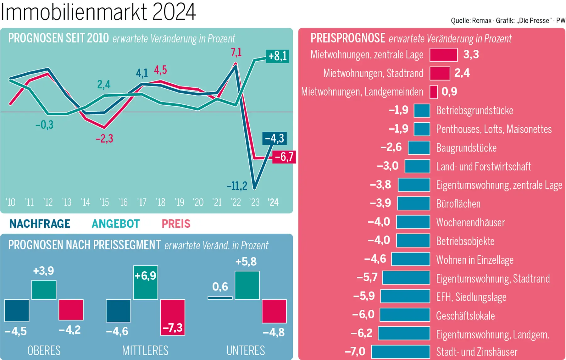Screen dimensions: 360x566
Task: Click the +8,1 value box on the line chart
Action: pyautogui.click(x=277, y=56)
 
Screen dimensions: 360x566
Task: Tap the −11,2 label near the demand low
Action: pyautogui.click(x=237, y=186)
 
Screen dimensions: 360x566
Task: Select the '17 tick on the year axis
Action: pyautogui.click(x=142, y=202)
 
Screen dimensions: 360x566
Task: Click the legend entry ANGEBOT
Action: pyautogui.click(x=115, y=224)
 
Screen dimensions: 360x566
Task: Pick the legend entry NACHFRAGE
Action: pyautogui.click(x=40, y=224)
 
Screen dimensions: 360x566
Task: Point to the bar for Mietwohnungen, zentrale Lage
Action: pyautogui.click(x=443, y=55)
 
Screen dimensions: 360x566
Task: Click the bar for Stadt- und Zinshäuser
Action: pyautogui.click(x=400, y=352)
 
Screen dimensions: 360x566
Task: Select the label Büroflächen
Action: pyautogui.click(x=458, y=204)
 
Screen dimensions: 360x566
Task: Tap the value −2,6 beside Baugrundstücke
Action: pyautogui.click(x=391, y=147)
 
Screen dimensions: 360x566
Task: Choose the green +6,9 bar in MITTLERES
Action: pyautogui.click(x=146, y=282)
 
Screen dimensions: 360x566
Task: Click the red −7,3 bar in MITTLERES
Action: pyautogui.click(x=173, y=317)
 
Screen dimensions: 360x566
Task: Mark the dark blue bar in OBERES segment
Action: pyautogui.click(x=17, y=310)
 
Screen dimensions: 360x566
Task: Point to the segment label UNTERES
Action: pyautogui.click(x=246, y=350)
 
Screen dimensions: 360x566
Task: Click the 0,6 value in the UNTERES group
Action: pyautogui.click(x=220, y=286)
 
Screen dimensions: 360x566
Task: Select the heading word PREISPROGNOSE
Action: pyautogui.click(x=348, y=38)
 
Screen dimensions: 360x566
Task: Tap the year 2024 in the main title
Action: pyautogui.click(x=174, y=12)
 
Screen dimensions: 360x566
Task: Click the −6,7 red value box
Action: pyautogui.click(x=284, y=157)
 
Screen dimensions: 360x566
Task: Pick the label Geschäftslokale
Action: pyautogui.click(x=465, y=316)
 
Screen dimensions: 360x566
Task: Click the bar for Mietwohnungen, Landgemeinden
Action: pyautogui.click(x=433, y=92)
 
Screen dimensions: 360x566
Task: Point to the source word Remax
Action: pyautogui.click(x=482, y=21)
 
